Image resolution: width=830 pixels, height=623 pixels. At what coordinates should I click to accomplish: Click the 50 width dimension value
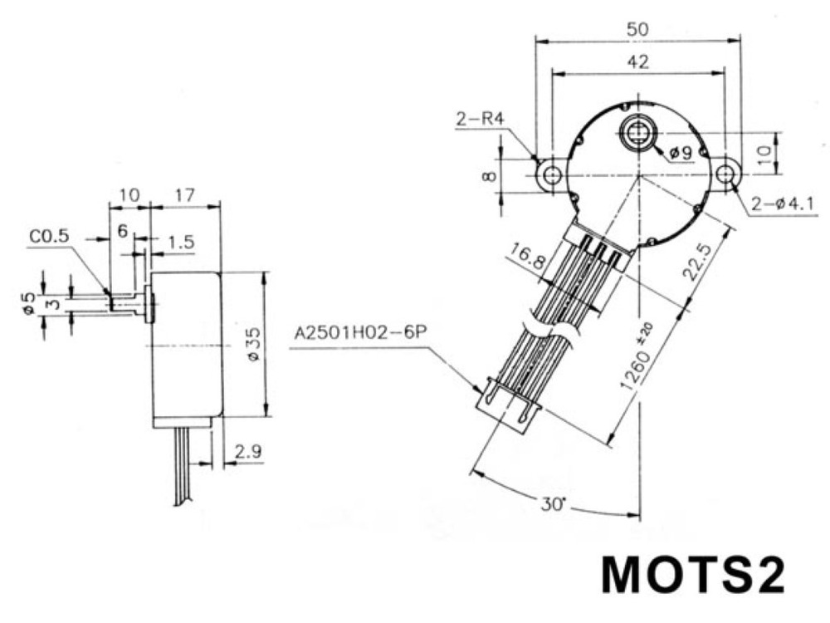pyautogui.click(x=637, y=28)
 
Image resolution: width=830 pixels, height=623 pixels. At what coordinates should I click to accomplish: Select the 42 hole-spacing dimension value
pyautogui.click(x=637, y=62)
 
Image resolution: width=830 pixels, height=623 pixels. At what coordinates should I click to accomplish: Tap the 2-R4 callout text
pyautogui.click(x=480, y=119)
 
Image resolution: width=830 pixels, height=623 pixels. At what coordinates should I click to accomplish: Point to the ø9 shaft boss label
pyautogui.click(x=681, y=153)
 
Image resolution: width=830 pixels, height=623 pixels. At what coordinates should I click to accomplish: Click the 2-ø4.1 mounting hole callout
pyautogui.click(x=783, y=204)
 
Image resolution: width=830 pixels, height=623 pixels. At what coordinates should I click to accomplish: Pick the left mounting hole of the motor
pyautogui.click(x=552, y=174)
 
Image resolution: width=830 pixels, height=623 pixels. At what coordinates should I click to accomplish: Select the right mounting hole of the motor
pyautogui.click(x=727, y=174)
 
